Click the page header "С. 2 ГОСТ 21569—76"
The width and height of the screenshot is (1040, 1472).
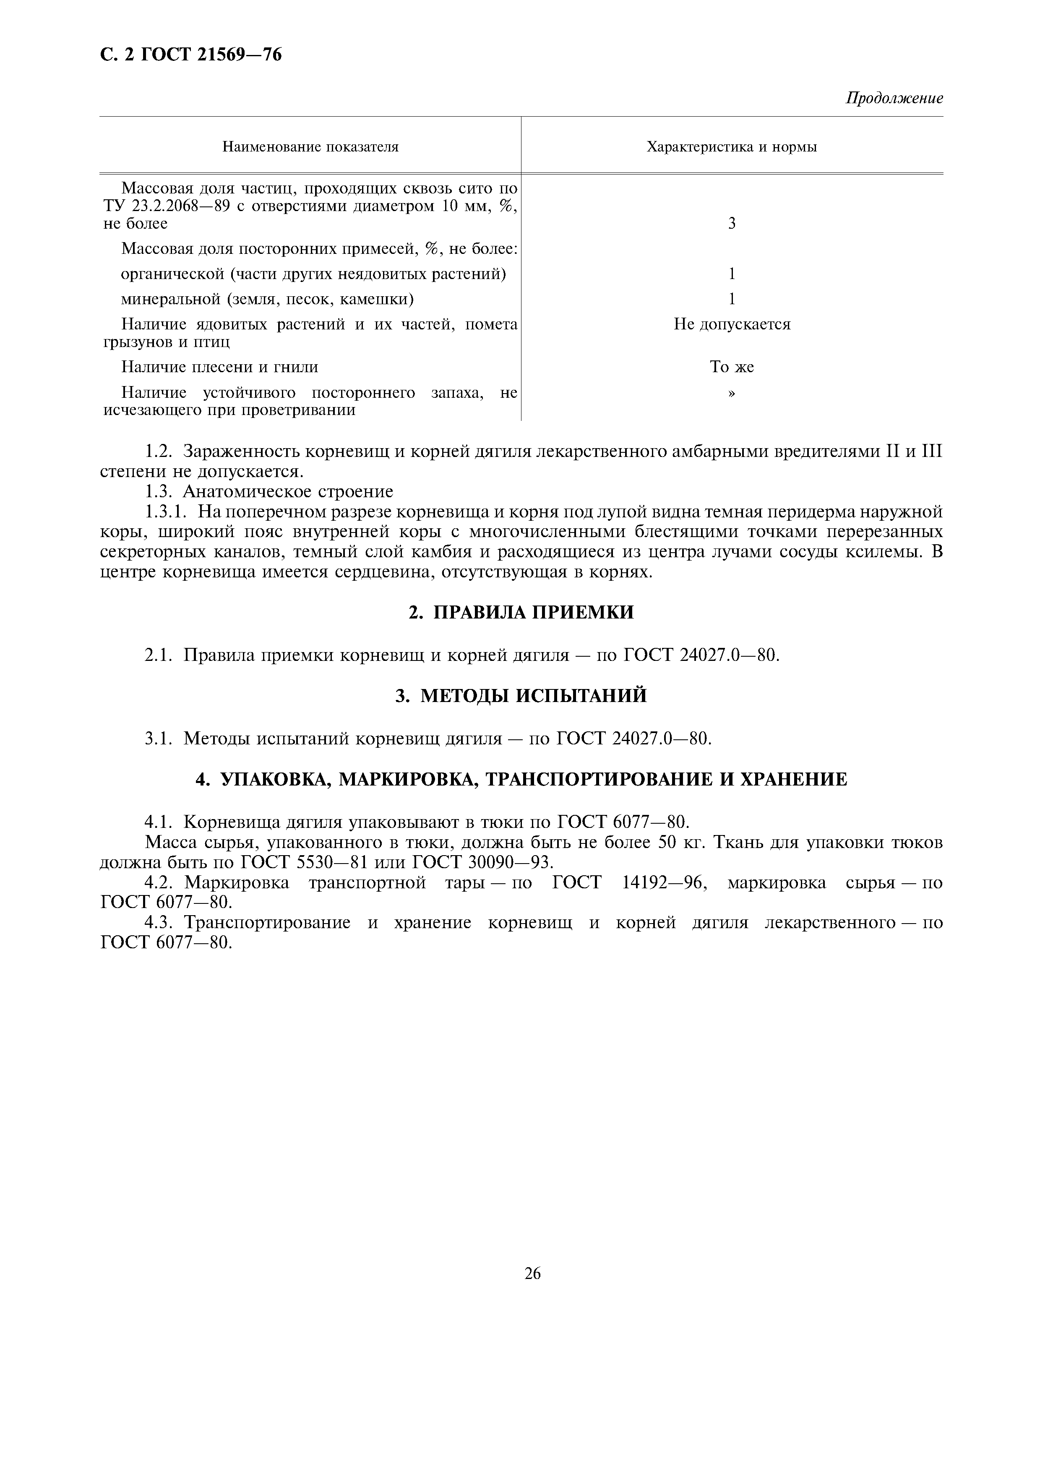point(191,55)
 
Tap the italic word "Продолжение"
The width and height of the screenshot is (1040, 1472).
point(894,98)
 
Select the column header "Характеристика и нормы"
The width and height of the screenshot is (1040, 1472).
point(732,147)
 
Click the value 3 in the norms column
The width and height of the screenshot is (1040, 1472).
point(732,223)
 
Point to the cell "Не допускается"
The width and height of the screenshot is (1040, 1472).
point(732,324)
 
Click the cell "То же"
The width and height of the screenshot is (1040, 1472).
point(732,367)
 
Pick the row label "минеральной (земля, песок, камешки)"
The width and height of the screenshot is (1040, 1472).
point(267,299)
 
